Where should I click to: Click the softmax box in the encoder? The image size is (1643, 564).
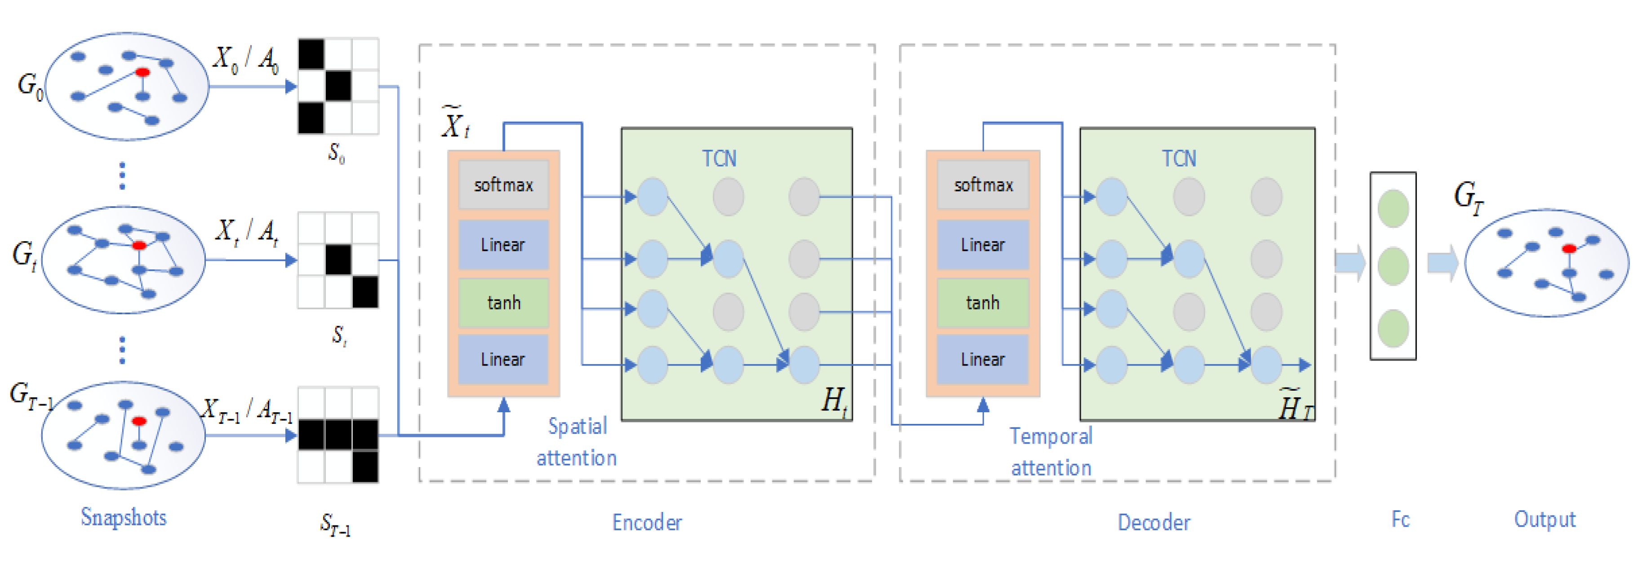point(503,185)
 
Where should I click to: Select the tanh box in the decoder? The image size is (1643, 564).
point(982,303)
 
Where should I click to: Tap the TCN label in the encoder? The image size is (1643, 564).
point(719,158)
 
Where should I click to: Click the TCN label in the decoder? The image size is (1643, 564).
point(1179,158)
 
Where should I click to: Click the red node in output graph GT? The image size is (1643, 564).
point(1569,248)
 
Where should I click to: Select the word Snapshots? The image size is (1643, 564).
point(123,517)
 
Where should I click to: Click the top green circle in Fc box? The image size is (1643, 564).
point(1393,208)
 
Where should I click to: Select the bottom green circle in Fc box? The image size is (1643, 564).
point(1393,328)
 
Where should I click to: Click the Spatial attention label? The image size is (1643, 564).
point(577,442)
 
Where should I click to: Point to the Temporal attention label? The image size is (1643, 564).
point(1051,452)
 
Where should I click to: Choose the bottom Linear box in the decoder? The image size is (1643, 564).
point(982,359)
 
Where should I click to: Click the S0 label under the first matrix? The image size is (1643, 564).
point(337,153)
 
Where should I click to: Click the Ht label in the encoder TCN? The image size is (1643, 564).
point(834,401)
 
